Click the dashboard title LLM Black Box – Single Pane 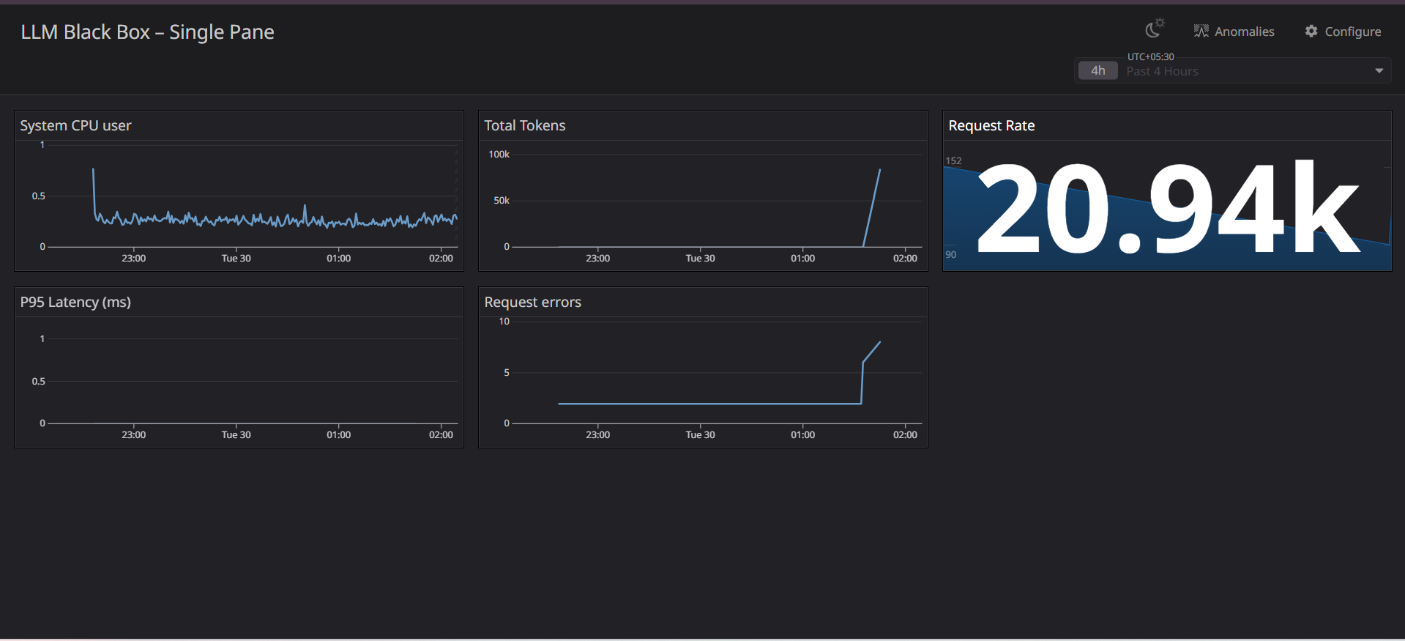(147, 32)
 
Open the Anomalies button (1234, 32)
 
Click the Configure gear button (1343, 32)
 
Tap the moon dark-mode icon (1154, 29)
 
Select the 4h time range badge (1097, 71)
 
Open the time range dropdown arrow (1379, 71)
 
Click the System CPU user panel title (75, 126)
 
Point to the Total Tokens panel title (524, 126)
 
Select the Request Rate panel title (991, 126)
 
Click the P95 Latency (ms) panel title (75, 303)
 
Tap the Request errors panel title (532, 303)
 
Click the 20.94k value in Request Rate (1168, 210)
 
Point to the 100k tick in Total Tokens (499, 155)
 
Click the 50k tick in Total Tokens (501, 201)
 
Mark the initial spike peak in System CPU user (93, 169)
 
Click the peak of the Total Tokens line (880, 170)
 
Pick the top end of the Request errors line (880, 342)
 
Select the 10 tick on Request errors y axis (504, 322)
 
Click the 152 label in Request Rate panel (953, 161)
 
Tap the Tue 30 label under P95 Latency (236, 435)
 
